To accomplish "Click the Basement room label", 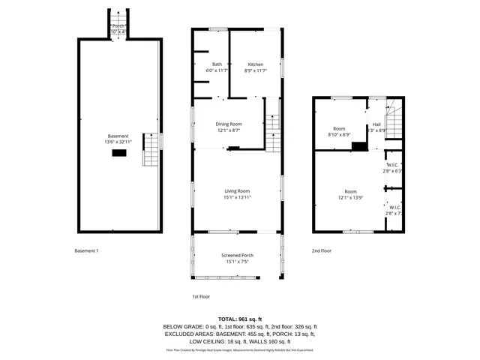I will click(118, 139).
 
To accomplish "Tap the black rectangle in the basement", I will click(118, 153).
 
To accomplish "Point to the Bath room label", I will click(217, 67).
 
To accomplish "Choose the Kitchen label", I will click(256, 67).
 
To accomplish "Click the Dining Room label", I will click(229, 127).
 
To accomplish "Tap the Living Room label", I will click(237, 193).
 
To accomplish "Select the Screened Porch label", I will click(237, 259).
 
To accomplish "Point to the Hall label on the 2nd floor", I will click(376, 127).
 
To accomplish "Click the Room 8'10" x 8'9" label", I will click(340, 131).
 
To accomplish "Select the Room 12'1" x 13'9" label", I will click(350, 194).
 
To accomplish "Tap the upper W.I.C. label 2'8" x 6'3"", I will click(392, 167).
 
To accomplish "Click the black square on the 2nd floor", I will click(360, 146).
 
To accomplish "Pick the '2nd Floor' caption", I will click(322, 250).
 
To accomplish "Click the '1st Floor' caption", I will click(200, 296).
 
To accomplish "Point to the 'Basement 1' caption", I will click(86, 250).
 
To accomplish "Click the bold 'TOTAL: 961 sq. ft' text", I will click(240, 319).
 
